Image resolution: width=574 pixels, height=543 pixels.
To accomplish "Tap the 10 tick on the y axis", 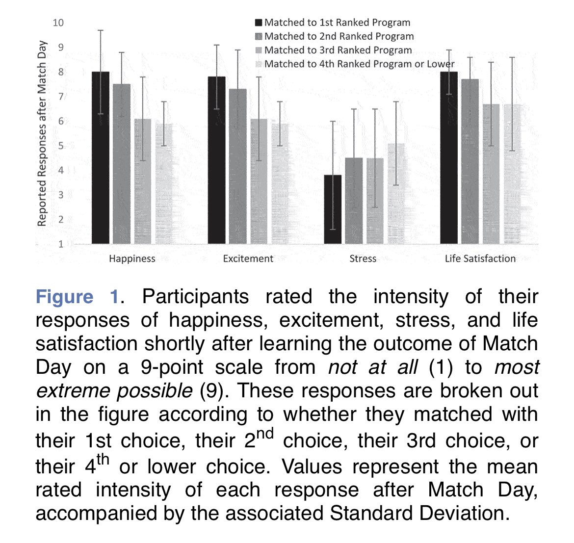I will tap(58, 23).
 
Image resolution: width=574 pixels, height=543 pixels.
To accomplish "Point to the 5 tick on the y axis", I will tap(61, 146).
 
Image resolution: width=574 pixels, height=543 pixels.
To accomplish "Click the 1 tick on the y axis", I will tap(61, 244).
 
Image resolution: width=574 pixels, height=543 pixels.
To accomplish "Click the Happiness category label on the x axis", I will tap(132, 259).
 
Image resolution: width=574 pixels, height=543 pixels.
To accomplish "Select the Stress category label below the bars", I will tap(363, 259).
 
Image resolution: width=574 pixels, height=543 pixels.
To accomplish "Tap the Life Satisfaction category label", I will tap(480, 259).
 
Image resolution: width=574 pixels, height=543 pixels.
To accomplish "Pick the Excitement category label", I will tap(248, 259).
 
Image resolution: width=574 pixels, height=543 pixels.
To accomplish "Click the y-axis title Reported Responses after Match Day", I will tap(42, 133).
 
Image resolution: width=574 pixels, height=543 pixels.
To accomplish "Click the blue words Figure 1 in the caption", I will tap(77, 297).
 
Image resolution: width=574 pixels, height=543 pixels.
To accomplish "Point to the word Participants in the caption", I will tap(195, 297).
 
